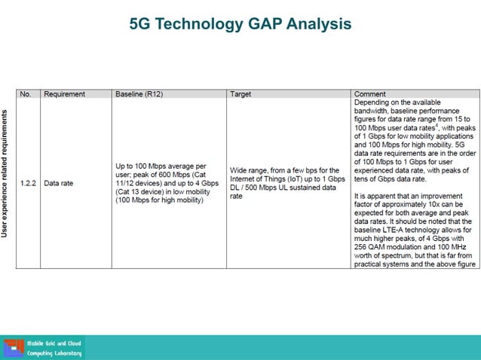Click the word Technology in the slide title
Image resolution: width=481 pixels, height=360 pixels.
(198, 24)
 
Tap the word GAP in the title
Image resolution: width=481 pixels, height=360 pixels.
(270, 24)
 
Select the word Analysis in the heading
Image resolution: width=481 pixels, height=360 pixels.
(323, 24)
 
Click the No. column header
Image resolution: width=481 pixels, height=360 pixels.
(26, 94)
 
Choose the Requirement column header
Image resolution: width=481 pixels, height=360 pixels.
(64, 94)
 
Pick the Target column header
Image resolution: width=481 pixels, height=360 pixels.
(240, 94)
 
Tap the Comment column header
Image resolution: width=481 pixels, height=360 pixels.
(369, 94)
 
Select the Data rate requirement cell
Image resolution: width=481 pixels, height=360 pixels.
(58, 182)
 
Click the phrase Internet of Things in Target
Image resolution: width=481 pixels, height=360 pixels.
(256, 178)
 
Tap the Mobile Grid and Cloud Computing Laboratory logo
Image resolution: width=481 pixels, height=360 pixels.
(43, 348)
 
